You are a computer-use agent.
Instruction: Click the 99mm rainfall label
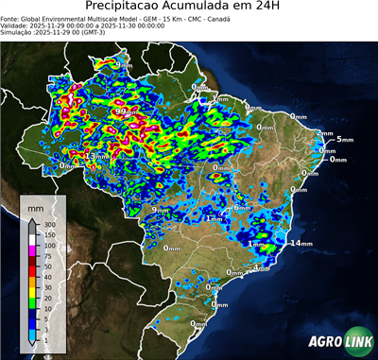(121, 111)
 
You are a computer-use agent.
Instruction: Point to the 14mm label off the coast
(301, 244)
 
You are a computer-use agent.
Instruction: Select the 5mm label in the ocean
(343, 140)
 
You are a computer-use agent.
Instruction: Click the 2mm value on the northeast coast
(324, 133)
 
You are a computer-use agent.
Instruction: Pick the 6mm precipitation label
(241, 208)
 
